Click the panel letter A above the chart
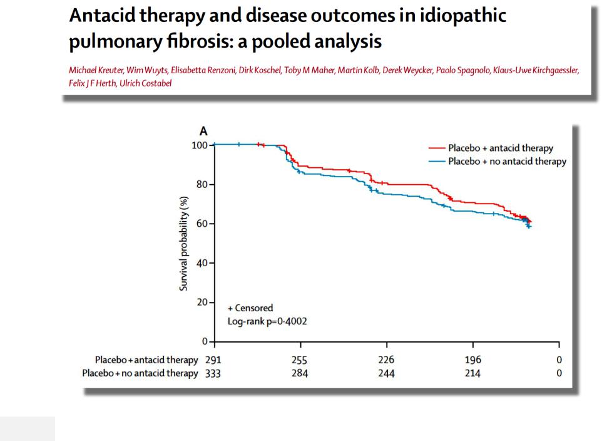tap(203, 131)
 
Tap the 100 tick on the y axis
tap(199, 145)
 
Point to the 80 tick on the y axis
tap(202, 185)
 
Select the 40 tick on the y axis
tap(202, 263)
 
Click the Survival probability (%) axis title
tap(185, 243)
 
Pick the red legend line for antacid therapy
tap(436, 148)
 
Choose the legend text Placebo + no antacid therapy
tap(507, 162)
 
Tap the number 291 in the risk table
tap(213, 360)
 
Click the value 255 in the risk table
tap(300, 360)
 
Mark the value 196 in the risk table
tap(473, 360)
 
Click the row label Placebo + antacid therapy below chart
tap(146, 360)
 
